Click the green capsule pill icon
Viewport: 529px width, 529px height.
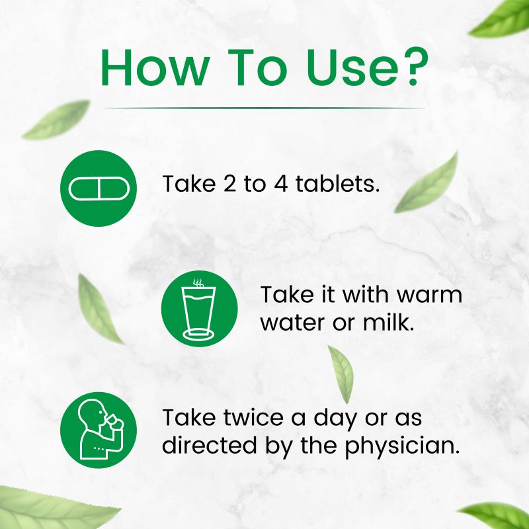pyautogui.click(x=99, y=188)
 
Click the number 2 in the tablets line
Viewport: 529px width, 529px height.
pyautogui.click(x=229, y=184)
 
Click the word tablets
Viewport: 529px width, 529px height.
pyautogui.click(x=337, y=184)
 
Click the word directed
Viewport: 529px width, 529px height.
pyautogui.click(x=210, y=444)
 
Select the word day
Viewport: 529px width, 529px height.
pyautogui.click(x=335, y=419)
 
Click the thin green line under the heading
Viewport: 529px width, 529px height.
pyautogui.click(x=263, y=108)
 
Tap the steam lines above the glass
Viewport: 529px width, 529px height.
pyautogui.click(x=198, y=283)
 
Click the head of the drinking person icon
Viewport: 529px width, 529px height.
pyautogui.click(x=91, y=412)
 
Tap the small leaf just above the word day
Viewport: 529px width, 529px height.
pyautogui.click(x=341, y=374)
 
